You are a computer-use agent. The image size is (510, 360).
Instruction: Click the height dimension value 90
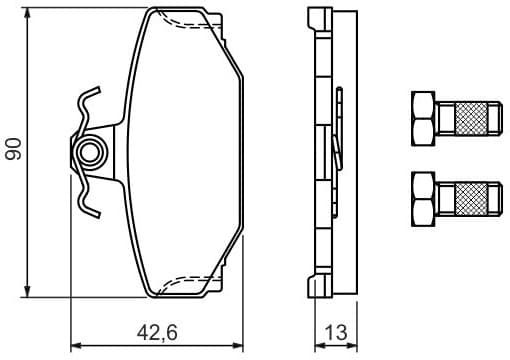point(14,150)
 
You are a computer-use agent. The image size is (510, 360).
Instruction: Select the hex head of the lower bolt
point(423,197)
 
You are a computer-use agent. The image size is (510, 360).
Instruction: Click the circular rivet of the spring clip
point(91,153)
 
